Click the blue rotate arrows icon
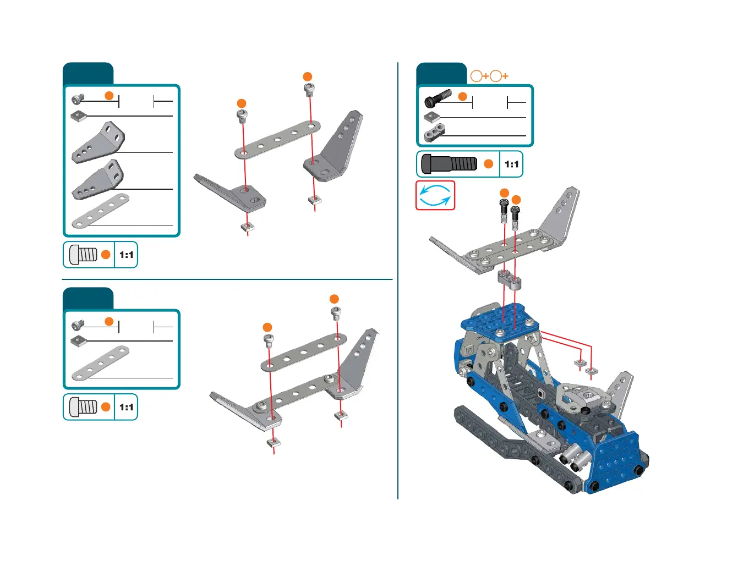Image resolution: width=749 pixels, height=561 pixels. tap(435, 196)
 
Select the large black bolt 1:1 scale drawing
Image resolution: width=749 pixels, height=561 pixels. tap(449, 164)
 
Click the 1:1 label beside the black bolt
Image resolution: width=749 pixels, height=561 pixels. tap(511, 164)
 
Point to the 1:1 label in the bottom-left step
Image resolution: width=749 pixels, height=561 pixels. tap(126, 408)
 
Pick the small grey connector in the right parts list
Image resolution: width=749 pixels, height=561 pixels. tap(434, 132)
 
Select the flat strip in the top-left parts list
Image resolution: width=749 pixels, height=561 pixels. tap(101, 211)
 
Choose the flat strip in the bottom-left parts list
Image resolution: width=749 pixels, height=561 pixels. tap(101, 363)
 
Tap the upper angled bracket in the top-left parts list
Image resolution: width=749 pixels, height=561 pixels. tap(98, 142)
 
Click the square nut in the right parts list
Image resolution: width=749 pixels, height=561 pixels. tap(432, 117)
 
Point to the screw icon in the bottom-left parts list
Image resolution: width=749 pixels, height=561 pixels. tap(78, 325)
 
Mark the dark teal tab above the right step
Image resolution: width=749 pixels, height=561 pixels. tap(441, 74)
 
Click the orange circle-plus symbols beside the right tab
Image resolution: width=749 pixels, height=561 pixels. tap(489, 76)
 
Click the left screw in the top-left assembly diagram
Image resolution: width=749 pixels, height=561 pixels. tap(242, 116)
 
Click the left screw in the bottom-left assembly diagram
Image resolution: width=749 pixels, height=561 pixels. tap(268, 341)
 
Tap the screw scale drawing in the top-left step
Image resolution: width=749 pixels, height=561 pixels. tap(84, 255)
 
